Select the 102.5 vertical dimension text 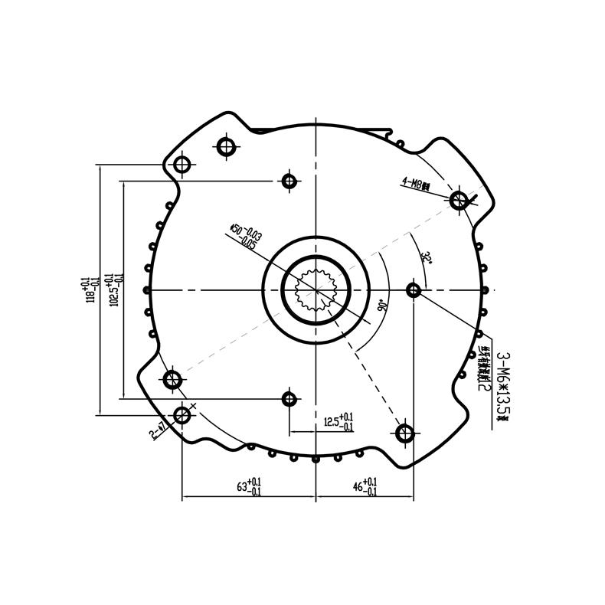(x=114, y=289)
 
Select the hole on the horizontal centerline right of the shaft (x=414, y=290)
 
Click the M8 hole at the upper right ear (x=459, y=201)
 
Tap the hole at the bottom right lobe (x=405, y=434)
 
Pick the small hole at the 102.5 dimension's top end (x=289, y=181)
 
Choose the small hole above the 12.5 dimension (x=289, y=398)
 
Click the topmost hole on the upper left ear (x=225, y=146)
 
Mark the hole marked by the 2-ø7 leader (x=182, y=415)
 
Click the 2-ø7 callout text (x=159, y=430)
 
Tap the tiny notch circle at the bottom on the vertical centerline (x=316, y=459)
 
